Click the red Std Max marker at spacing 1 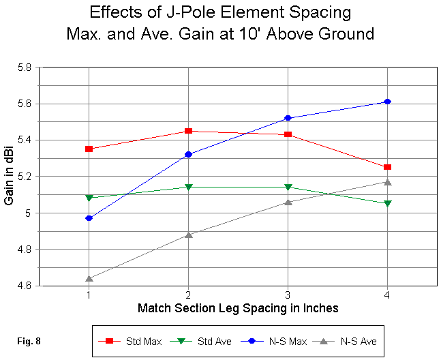pyautogui.click(x=89, y=149)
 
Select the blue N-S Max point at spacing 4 pyautogui.click(x=387, y=102)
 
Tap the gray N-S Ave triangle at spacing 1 pyautogui.click(x=89, y=278)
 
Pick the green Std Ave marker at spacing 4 pyautogui.click(x=387, y=203)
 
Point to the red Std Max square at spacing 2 pyautogui.click(x=188, y=131)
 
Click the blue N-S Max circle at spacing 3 pyautogui.click(x=288, y=118)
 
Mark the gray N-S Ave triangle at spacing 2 pyautogui.click(x=188, y=235)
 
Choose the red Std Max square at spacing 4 pyautogui.click(x=387, y=167)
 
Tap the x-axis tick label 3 pyautogui.click(x=288, y=295)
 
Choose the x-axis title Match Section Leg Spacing pyautogui.click(x=238, y=308)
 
